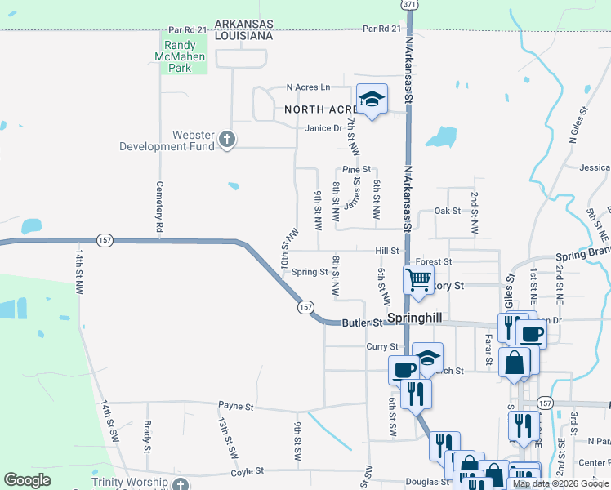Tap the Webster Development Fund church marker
click(228, 141)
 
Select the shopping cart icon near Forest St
click(418, 280)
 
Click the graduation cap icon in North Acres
click(372, 100)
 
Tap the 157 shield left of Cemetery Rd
click(105, 240)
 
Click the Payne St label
click(237, 406)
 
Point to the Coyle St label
click(247, 471)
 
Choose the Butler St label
click(362, 323)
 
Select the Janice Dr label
click(323, 128)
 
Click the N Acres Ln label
click(308, 87)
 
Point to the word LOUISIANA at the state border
click(243, 37)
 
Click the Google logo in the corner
click(28, 480)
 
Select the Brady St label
click(147, 437)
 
